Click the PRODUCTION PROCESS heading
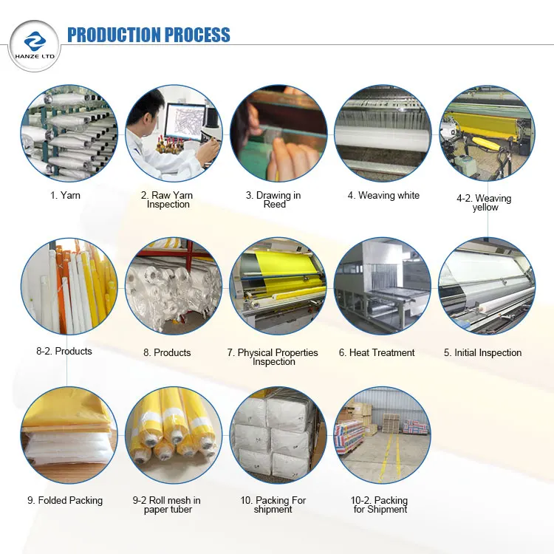(148, 35)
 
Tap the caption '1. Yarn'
(66, 196)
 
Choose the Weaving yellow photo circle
(487, 134)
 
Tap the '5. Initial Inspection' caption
(482, 353)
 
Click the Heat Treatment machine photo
(382, 286)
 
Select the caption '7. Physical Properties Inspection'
(273, 357)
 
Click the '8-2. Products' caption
(64, 352)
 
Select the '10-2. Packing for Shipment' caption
(379, 505)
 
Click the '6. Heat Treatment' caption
(377, 353)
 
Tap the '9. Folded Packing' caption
(65, 501)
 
